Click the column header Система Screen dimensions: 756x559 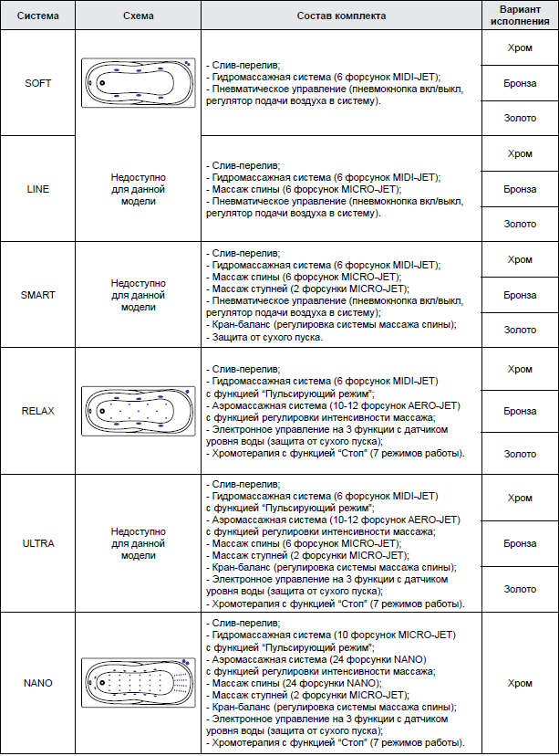coord(39,16)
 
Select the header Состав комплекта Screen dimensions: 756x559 coord(341,16)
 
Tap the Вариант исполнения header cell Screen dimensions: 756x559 coord(520,16)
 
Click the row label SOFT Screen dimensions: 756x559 coord(39,83)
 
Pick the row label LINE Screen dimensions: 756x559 coord(39,189)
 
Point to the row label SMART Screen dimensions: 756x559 coord(39,295)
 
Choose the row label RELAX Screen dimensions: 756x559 coord(39,411)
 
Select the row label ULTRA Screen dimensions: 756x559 coord(39,543)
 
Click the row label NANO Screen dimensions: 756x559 coord(39,682)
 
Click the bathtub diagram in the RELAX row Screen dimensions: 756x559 coord(138,411)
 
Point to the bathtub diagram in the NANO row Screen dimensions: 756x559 coord(138,683)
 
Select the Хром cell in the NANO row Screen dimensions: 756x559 coord(520,682)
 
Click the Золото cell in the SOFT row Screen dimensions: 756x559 coord(520,118)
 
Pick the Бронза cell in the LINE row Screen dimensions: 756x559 coord(520,189)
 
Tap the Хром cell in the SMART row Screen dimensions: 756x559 coord(520,259)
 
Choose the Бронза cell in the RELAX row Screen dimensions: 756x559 coord(520,411)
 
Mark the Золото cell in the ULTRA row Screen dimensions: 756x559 coord(520,589)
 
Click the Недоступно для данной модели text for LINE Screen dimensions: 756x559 coord(138,189)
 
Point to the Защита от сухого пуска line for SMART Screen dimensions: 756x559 coord(264,338)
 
